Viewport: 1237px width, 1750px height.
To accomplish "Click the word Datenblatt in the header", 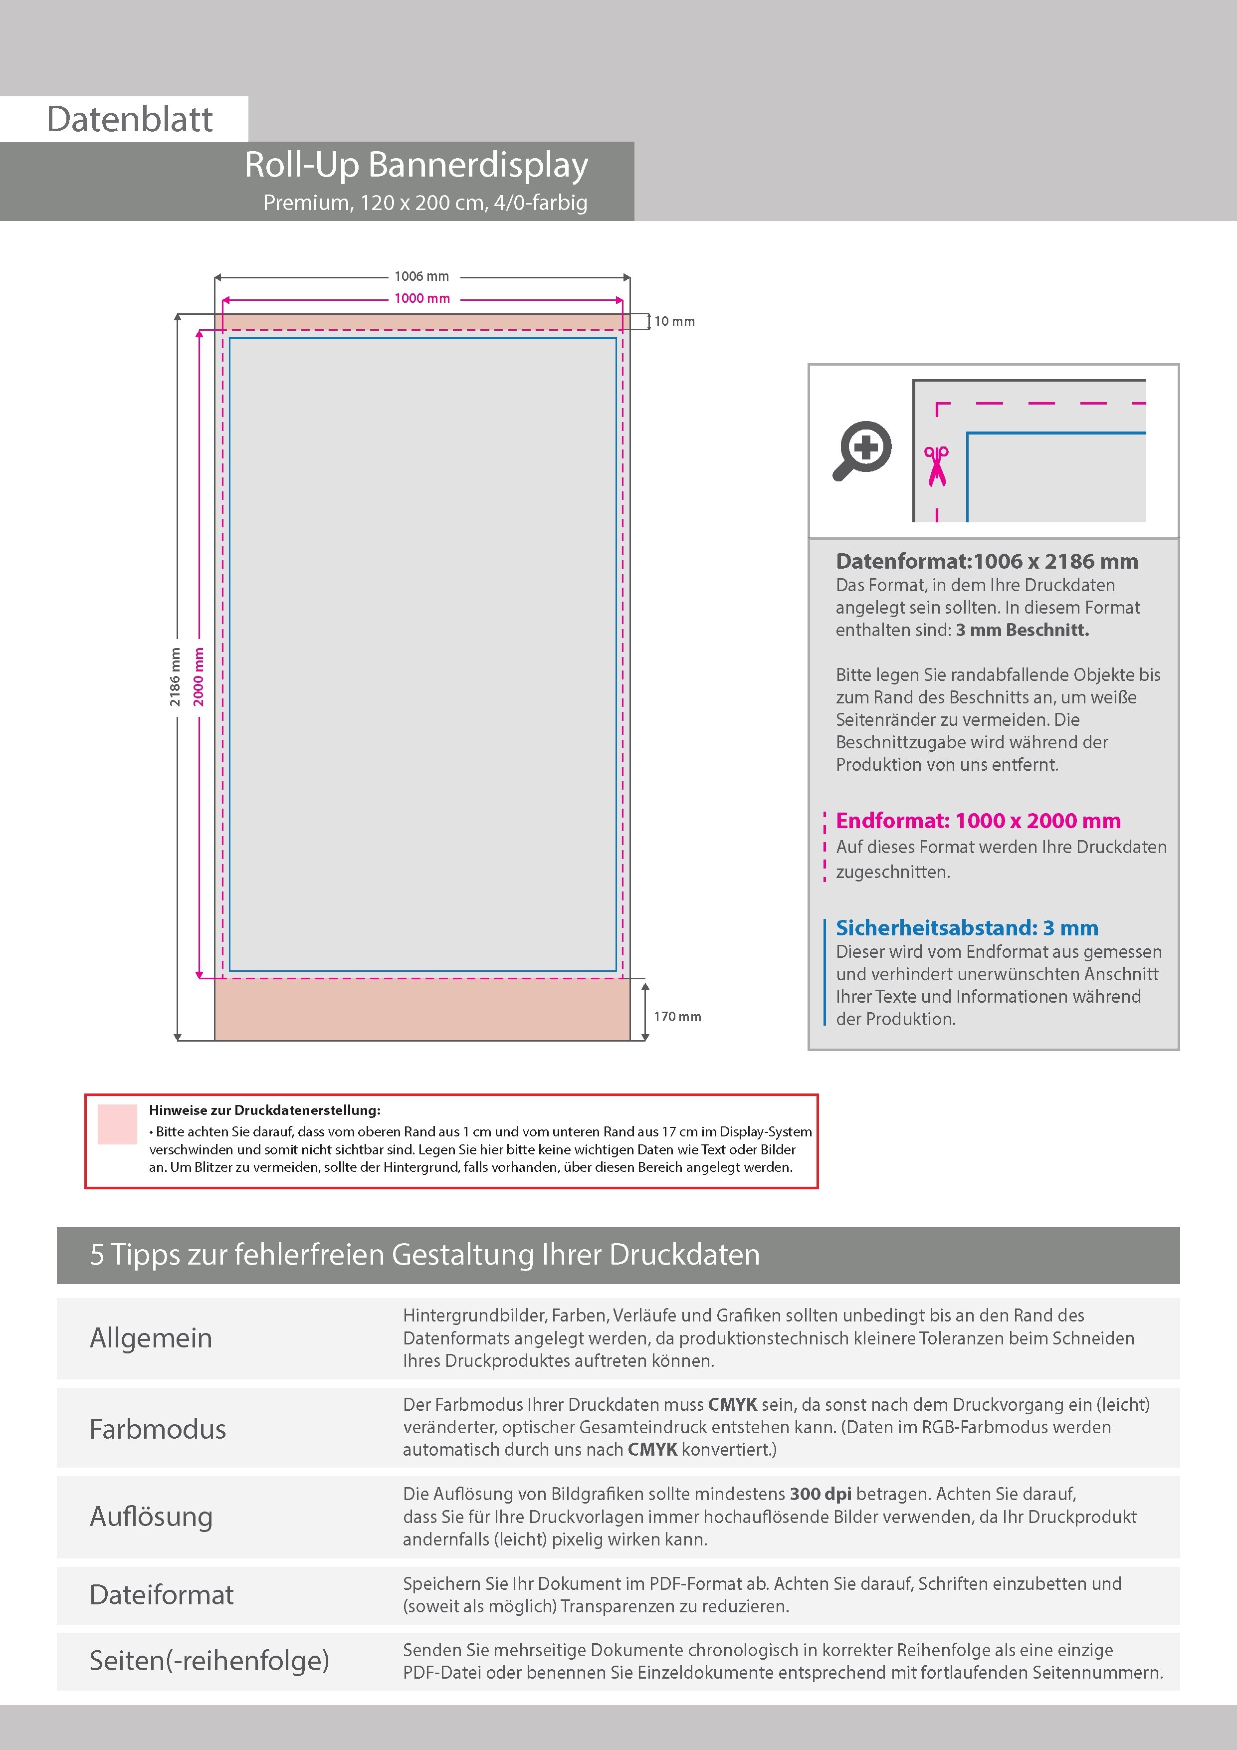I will pos(130,119).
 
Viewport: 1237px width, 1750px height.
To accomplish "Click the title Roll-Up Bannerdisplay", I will pos(416,165).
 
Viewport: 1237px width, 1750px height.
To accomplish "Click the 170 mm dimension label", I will pos(677,1017).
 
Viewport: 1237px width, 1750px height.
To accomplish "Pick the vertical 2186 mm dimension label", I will pos(175,677).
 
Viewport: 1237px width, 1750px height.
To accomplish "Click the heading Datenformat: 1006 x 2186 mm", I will pos(986,562).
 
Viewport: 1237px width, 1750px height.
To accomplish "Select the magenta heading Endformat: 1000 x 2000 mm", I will pos(978,821).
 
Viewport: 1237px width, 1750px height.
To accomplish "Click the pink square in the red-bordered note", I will pos(117,1124).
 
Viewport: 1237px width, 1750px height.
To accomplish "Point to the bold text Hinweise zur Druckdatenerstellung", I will pos(264,1110).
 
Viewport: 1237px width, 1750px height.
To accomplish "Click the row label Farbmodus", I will pos(158,1429).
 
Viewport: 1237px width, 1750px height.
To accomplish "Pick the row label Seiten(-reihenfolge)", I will pos(209,1660).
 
